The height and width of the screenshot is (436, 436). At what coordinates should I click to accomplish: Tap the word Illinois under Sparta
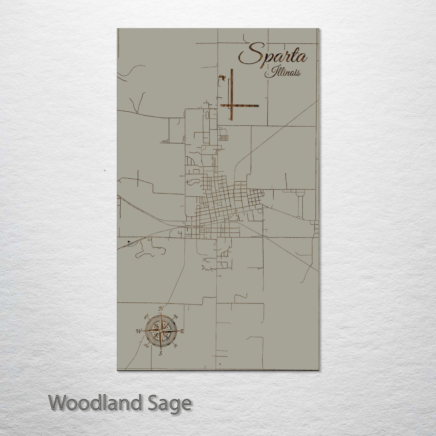[x=283, y=73]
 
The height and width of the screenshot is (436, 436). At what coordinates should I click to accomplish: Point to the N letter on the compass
[x=161, y=308]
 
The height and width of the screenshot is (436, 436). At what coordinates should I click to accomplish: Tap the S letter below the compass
[x=161, y=353]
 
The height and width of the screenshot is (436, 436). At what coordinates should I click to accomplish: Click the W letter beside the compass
[x=138, y=331]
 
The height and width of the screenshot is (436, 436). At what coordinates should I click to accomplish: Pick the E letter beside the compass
[x=182, y=331]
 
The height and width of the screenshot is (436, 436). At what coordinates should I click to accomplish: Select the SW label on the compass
[x=147, y=345]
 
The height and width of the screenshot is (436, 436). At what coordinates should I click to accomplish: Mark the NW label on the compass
[x=147, y=317]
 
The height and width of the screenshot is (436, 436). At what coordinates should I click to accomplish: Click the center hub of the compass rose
[x=161, y=331]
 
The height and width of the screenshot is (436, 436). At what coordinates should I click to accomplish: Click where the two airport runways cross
[x=232, y=106]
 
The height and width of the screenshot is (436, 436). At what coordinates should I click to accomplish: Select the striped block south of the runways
[x=224, y=138]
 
